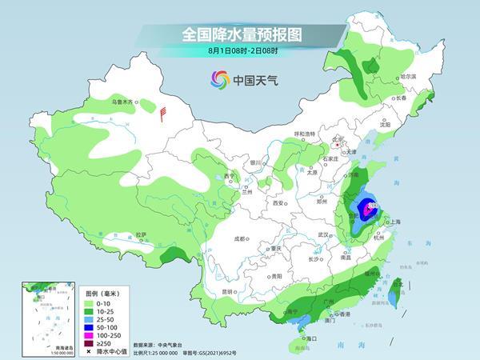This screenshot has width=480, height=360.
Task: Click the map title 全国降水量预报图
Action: click(239, 34)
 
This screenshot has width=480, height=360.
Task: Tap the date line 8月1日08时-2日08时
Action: click(239, 51)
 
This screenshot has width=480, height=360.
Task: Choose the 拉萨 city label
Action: click(141, 234)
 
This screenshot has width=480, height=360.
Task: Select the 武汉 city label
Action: click(324, 234)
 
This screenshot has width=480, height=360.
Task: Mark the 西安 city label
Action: click(279, 203)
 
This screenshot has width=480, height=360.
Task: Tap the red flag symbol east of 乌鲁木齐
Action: click(163, 114)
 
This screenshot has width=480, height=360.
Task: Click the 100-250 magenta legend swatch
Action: click(89, 335)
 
